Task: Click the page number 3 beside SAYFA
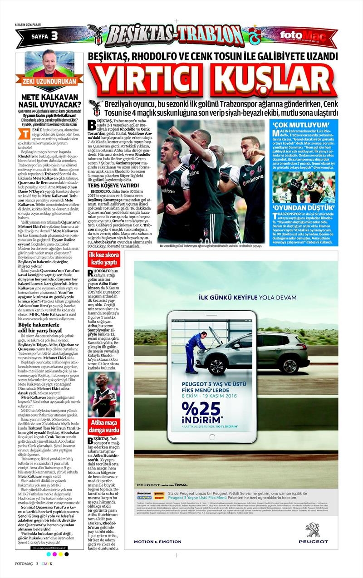click(x=54, y=36)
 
